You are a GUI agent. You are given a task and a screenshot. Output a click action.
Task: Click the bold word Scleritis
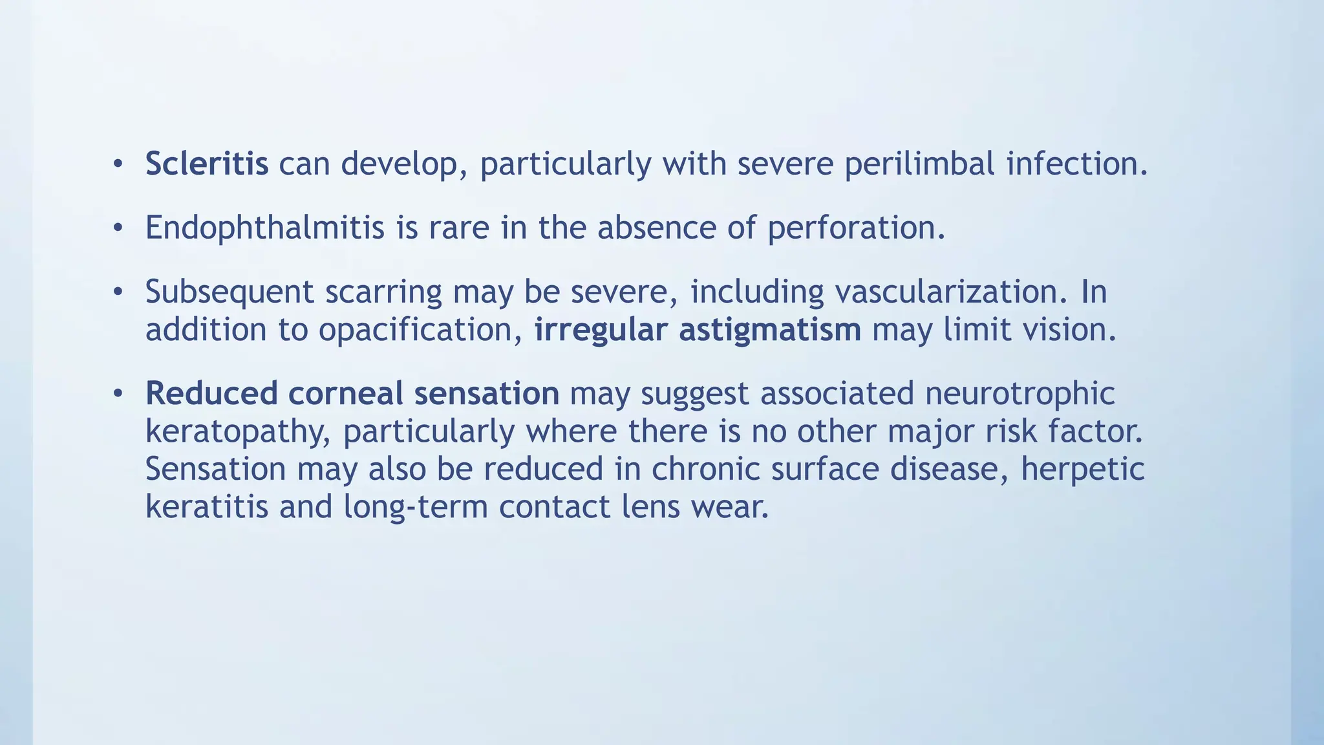point(206,163)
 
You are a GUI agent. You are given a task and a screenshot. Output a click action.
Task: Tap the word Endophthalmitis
point(264,228)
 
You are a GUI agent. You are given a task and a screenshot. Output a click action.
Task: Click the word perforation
point(856,228)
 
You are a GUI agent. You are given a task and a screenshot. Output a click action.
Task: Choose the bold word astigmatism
point(769,330)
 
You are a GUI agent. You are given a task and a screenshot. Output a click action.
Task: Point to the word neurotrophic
point(1020,393)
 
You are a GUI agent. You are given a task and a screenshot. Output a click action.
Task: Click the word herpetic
point(1082,469)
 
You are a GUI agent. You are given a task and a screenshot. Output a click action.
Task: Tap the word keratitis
point(206,506)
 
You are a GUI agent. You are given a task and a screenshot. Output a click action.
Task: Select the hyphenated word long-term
point(415,506)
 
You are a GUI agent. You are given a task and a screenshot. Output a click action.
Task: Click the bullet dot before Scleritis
point(117,164)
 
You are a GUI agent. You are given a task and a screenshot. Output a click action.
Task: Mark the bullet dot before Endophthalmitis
point(117,228)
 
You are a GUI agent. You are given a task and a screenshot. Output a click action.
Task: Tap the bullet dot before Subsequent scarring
point(117,292)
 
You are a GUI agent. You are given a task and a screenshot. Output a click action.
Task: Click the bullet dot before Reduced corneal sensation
point(117,394)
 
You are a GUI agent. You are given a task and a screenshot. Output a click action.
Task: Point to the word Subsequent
point(230,292)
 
